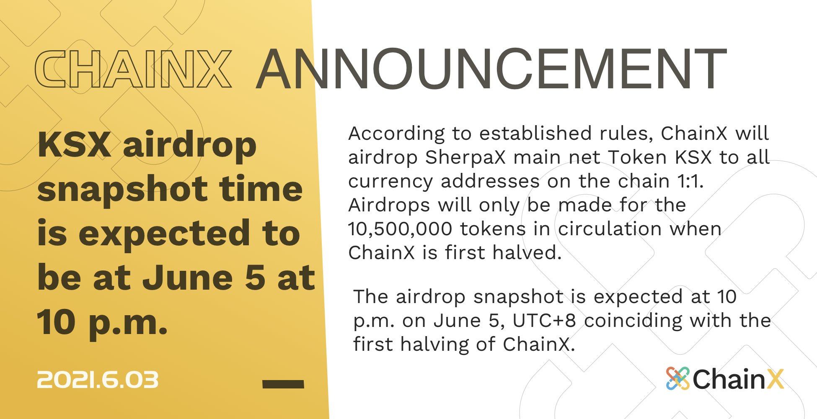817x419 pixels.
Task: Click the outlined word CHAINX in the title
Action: (133, 69)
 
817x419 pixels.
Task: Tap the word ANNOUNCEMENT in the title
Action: (491, 69)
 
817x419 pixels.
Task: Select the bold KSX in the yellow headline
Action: (74, 144)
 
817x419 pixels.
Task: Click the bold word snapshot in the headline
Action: (122, 190)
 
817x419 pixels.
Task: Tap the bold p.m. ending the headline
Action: (128, 323)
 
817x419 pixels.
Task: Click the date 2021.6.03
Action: (98, 380)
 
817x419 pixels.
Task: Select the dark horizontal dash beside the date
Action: (283, 384)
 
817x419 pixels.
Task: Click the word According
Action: (396, 134)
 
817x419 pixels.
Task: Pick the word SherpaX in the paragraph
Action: (465, 158)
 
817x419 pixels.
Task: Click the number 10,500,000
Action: (400, 229)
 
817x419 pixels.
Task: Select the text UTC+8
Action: (544, 321)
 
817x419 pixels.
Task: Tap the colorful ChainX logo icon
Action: (677, 378)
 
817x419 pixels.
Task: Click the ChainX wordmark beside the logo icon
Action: (738, 379)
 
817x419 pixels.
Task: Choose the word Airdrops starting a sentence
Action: (389, 205)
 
